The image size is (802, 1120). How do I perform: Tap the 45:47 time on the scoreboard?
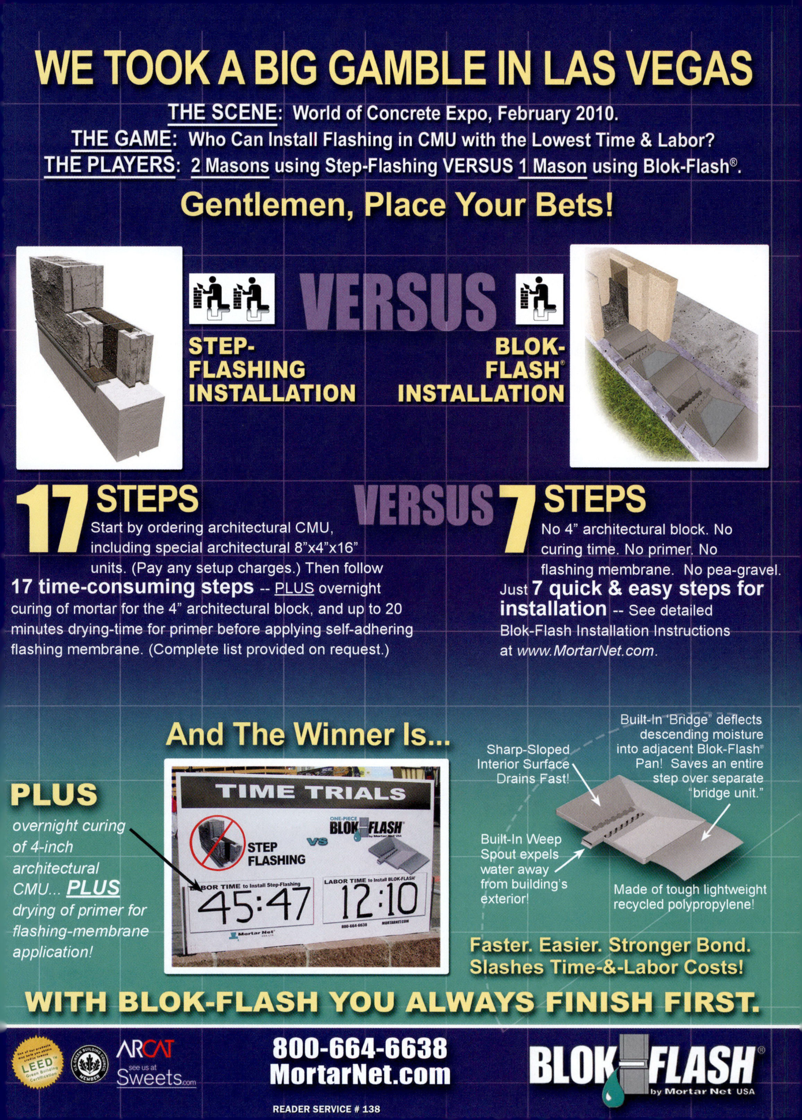tap(254, 904)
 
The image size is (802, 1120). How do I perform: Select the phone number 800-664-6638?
tap(360, 1048)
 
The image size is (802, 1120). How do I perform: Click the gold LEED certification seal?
tap(38, 1063)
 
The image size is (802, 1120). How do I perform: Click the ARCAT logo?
tap(145, 1049)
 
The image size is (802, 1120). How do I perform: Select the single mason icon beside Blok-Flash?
tap(539, 298)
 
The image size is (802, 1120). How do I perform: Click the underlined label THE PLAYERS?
tap(110, 166)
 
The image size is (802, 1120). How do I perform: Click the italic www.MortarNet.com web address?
tap(585, 651)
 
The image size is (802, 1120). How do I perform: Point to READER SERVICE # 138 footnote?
tap(326, 1109)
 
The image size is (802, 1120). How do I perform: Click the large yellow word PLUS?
tap(54, 795)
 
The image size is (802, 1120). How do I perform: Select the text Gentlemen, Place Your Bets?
tap(397, 205)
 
